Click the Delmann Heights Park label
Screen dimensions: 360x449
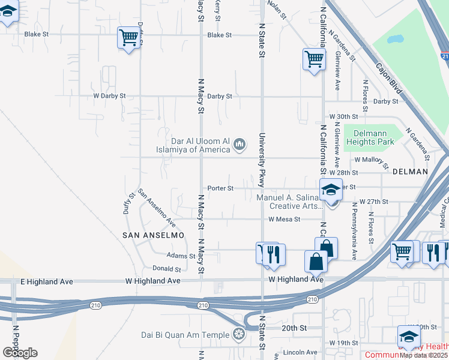[x=373, y=137]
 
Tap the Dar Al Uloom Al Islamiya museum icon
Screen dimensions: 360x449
[x=240, y=143]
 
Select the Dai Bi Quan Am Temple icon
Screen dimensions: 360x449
[x=239, y=334]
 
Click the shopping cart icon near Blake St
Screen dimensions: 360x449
[x=128, y=38]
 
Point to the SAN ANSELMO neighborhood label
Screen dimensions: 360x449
[x=153, y=236]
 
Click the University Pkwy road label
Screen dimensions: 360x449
[x=262, y=160]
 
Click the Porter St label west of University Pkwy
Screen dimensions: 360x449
[x=220, y=188]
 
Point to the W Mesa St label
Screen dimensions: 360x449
[x=285, y=219]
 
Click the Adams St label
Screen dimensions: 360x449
[x=181, y=256]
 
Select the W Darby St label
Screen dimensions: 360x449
[x=109, y=96]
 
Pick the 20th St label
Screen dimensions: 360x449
[x=295, y=328]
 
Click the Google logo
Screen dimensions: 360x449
[x=20, y=352]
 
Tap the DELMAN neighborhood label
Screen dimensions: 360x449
[x=410, y=172]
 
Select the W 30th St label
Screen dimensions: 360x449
[x=343, y=116]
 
